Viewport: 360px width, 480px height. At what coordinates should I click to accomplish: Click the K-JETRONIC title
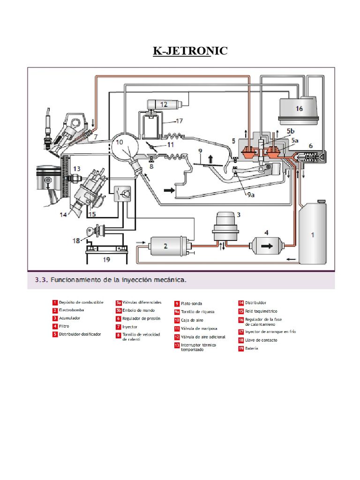tap(190, 50)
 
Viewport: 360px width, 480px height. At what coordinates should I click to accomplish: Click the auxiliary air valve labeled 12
tap(163, 104)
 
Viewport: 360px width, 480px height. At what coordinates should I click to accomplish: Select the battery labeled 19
tap(106, 257)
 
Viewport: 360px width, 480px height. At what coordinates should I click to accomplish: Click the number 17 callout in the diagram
tap(179, 120)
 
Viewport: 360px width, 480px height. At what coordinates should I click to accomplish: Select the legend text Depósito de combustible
tap(81, 302)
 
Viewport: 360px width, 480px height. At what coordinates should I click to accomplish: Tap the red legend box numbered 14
tap(241, 303)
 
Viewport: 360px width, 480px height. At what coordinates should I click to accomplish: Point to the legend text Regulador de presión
tap(141, 318)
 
